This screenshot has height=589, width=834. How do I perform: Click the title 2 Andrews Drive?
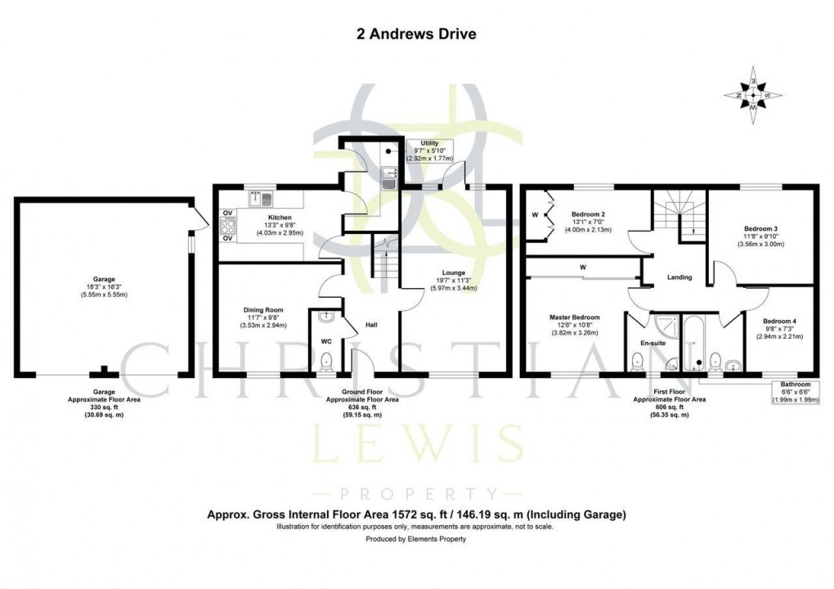pyautogui.click(x=416, y=34)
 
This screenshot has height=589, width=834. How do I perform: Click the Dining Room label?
pyautogui.click(x=262, y=310)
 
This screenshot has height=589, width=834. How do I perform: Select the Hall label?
pyautogui.click(x=371, y=325)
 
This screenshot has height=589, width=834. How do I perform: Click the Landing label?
pyautogui.click(x=679, y=277)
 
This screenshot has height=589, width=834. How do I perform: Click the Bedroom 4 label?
pyautogui.click(x=778, y=321)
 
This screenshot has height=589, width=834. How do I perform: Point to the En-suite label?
pyautogui.click(x=652, y=343)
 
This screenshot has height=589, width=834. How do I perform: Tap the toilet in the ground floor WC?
pyautogui.click(x=326, y=360)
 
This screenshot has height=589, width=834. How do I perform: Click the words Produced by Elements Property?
pyautogui.click(x=416, y=541)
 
